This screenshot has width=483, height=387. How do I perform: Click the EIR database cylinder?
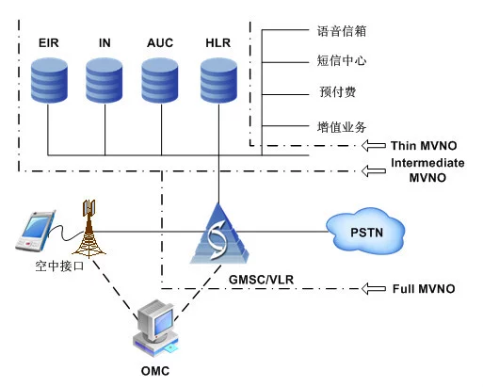point(49,80)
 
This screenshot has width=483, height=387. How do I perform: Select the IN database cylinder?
point(105,80)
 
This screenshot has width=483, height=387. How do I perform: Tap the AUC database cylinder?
point(160,80)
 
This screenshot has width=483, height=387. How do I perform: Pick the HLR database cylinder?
point(218,80)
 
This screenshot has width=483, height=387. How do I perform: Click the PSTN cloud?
point(365,232)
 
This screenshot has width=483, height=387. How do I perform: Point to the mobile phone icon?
point(36,232)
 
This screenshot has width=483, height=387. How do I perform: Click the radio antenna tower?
point(89,229)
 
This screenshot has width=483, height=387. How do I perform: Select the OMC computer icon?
point(156,328)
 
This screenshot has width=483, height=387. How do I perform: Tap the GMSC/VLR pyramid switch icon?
point(218,234)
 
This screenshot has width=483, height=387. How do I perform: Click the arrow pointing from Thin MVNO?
point(374,146)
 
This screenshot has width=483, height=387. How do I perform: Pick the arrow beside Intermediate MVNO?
point(374,170)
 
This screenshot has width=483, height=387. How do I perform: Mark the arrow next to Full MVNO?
point(374,288)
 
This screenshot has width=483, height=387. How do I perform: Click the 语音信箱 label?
point(342,31)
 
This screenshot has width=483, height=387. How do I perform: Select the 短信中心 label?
point(342,60)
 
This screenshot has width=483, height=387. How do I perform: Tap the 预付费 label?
point(338,92)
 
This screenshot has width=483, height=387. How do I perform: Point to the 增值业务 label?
point(342,127)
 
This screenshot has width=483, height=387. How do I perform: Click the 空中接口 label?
point(59,266)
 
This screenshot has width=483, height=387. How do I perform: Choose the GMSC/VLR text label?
point(261,280)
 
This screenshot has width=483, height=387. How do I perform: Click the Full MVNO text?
point(424,289)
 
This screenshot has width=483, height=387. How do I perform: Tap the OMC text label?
point(155,371)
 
